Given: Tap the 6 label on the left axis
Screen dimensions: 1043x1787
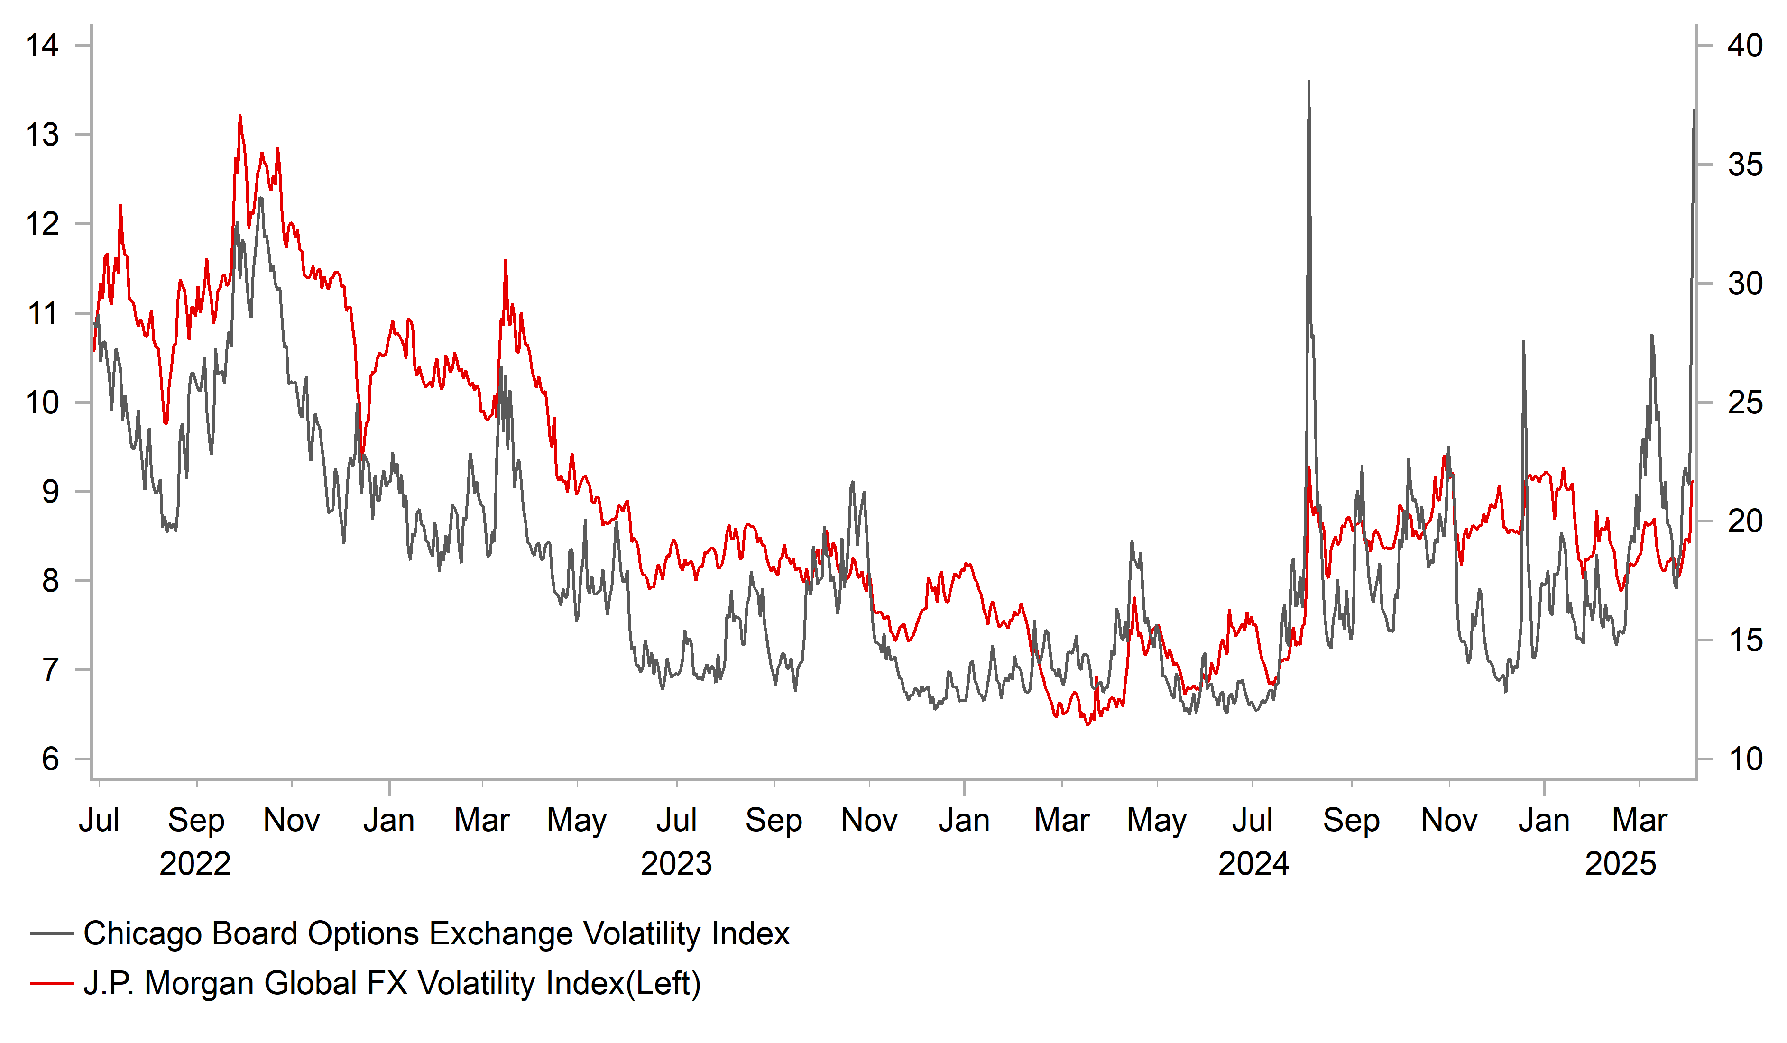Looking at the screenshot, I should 50,759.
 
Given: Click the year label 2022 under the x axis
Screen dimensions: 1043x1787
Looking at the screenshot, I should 195,864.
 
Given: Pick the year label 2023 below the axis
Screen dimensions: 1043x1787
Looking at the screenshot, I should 676,864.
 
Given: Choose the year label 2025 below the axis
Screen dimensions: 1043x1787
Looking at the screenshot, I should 1621,864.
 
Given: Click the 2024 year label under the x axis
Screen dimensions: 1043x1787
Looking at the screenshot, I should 1253,864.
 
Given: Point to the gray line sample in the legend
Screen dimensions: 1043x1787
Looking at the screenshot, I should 52,934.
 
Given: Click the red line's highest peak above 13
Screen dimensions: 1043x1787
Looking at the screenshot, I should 239,116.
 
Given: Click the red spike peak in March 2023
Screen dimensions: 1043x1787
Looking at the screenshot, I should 506,260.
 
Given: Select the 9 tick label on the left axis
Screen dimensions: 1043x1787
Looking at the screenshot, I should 50,492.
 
